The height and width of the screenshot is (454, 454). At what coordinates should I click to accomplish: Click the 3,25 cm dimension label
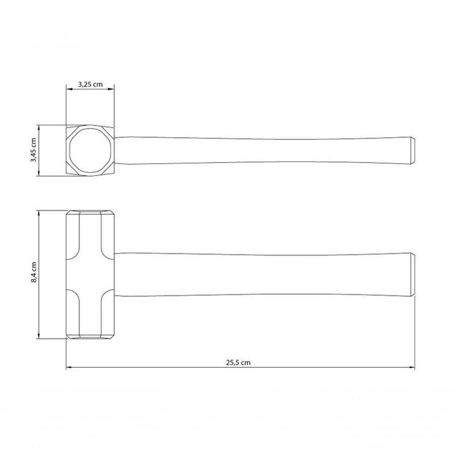(x=90, y=84)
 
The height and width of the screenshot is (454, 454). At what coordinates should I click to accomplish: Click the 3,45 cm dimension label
(x=34, y=150)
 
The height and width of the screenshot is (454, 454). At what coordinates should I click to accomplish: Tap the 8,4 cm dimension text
(x=34, y=272)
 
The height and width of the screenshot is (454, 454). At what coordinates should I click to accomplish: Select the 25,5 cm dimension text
(x=238, y=362)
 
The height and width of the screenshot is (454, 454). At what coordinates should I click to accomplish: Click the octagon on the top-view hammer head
(x=70, y=151)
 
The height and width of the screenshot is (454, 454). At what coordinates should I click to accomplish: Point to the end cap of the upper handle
(x=413, y=151)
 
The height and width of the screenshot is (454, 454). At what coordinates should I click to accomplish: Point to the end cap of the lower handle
(x=413, y=275)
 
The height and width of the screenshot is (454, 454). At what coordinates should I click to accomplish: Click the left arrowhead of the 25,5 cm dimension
(x=69, y=368)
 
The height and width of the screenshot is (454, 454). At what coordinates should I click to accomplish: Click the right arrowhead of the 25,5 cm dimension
(x=412, y=368)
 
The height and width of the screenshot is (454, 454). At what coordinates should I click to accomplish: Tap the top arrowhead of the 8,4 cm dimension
(x=39, y=213)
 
